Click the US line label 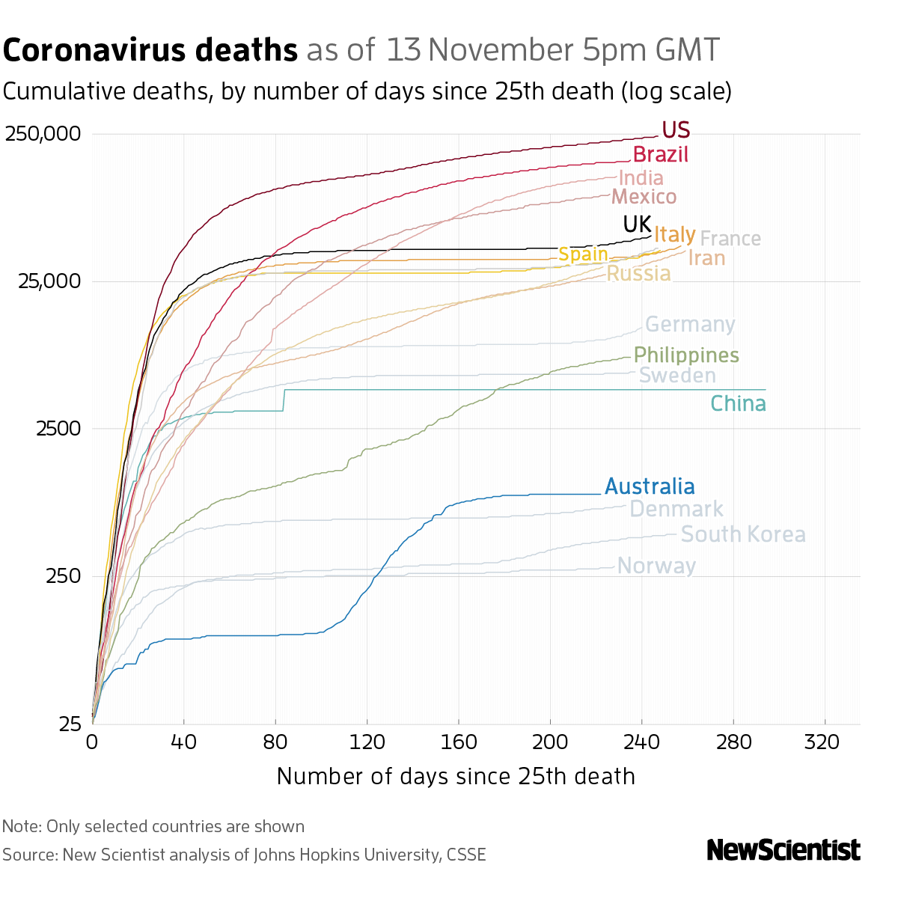click(676, 130)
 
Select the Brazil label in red click(660, 155)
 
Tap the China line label click(738, 404)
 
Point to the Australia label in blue click(650, 486)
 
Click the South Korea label click(743, 534)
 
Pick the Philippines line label click(686, 355)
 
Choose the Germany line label click(690, 325)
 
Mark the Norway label click(656, 566)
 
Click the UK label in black click(637, 224)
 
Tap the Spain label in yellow click(583, 254)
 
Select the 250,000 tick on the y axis click(43, 135)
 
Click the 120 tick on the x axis click(367, 742)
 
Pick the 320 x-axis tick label click(825, 742)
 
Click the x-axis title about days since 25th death click(456, 776)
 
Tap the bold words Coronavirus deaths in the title click(150, 50)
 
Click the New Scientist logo click(784, 850)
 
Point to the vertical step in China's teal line click(284, 400)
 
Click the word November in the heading click(501, 50)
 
